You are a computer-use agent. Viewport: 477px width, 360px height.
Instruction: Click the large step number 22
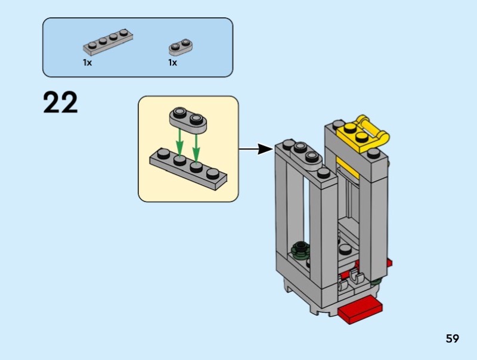tap(60, 103)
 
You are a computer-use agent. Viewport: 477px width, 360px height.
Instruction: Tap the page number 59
tap(452, 339)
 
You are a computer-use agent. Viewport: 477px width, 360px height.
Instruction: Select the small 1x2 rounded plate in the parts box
tap(182, 45)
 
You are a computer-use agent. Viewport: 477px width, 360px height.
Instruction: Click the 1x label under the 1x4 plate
tap(87, 63)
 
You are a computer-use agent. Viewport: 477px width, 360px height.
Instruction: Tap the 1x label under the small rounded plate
tap(172, 63)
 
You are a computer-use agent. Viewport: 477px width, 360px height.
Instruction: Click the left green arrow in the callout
tap(178, 141)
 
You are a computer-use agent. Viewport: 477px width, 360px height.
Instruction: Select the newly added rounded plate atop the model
tap(303, 153)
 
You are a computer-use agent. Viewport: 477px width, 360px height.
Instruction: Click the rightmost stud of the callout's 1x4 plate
tap(213, 173)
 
